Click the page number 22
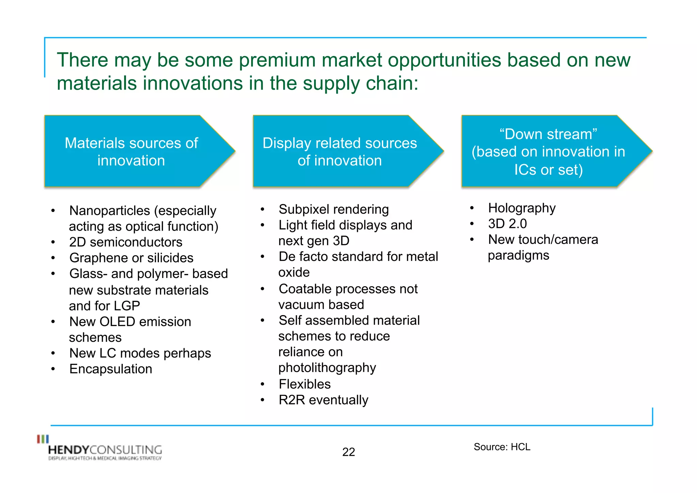(348, 452)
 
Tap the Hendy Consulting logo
(100, 449)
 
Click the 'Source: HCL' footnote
(502, 447)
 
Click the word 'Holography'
(521, 208)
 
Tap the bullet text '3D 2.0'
(507, 224)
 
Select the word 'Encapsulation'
(111, 369)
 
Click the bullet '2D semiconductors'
(126, 242)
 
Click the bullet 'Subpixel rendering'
(334, 209)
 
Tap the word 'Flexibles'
(305, 384)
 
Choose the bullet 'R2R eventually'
(323, 400)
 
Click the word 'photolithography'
(327, 368)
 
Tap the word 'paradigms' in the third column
(518, 255)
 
